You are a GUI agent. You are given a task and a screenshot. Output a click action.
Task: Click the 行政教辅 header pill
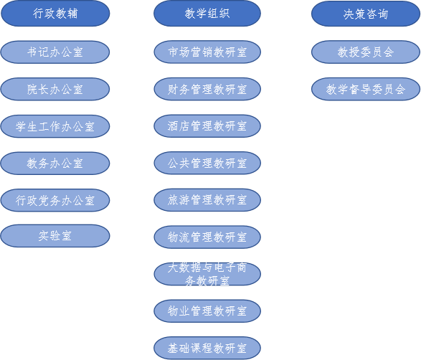[x=55, y=14]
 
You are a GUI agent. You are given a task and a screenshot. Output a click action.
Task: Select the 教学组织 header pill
[x=207, y=14]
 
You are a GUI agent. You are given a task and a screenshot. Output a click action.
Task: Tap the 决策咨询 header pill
[x=366, y=14]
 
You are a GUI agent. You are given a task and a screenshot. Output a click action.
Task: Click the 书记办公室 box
[x=55, y=52]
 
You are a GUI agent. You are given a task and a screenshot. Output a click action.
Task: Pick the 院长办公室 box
[x=55, y=89]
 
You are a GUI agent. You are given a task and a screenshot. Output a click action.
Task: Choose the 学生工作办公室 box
[x=55, y=126]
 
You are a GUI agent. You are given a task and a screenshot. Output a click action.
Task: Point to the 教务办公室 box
[x=55, y=164]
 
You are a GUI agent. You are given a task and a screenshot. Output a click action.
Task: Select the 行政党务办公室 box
[x=55, y=200]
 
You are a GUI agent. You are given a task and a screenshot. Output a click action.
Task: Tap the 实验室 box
[x=55, y=236]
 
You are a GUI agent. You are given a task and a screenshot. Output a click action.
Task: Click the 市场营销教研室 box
[x=207, y=52]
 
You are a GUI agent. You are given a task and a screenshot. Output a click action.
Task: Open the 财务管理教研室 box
[x=207, y=89]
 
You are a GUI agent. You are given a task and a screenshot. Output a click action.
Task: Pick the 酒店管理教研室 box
[x=207, y=126]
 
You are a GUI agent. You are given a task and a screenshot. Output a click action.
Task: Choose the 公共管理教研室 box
[x=207, y=163]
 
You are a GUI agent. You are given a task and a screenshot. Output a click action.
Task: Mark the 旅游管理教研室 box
[x=207, y=200]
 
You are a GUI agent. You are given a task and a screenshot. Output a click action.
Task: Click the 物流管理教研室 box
[x=207, y=237]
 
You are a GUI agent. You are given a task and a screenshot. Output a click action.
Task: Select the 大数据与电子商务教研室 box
[x=207, y=274]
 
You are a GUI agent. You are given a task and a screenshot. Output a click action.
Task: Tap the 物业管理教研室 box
[x=207, y=311]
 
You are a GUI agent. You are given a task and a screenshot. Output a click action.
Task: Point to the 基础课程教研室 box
[x=207, y=349]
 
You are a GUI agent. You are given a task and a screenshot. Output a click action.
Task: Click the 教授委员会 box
[x=366, y=52]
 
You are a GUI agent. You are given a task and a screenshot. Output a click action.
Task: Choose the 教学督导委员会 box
[x=366, y=89]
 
